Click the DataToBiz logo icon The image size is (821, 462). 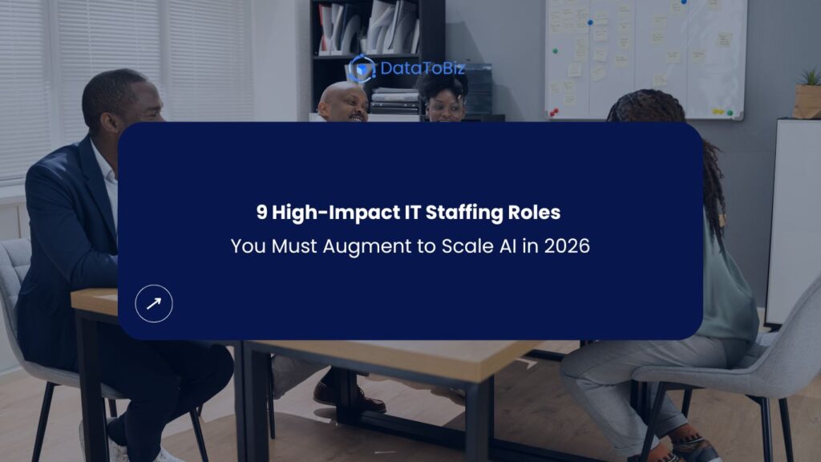point(362,69)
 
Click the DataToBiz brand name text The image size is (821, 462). point(422,69)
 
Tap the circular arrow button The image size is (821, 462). point(154,303)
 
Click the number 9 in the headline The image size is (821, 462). point(261,213)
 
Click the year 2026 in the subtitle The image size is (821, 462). point(566,246)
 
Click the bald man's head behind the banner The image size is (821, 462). point(342,101)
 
